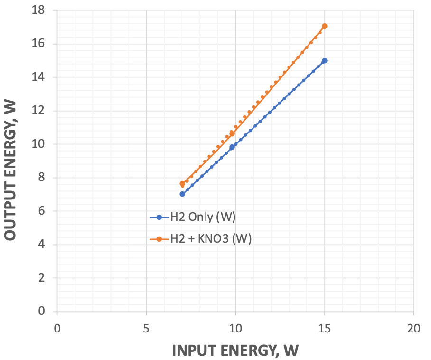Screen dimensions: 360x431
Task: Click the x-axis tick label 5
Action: click(146, 328)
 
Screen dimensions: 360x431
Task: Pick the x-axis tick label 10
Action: click(235, 328)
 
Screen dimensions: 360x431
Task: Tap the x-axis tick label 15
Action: click(324, 328)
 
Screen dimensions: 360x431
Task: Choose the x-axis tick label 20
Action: click(413, 328)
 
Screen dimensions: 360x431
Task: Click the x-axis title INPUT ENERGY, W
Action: click(235, 350)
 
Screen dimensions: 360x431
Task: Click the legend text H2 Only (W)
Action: click(203, 217)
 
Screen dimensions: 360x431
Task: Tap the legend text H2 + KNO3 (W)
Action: click(211, 239)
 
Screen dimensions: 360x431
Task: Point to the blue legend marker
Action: click(159, 218)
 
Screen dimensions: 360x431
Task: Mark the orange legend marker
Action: click(159, 239)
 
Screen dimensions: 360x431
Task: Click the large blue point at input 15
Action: click(324, 61)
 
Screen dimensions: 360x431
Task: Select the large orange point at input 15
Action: click(324, 26)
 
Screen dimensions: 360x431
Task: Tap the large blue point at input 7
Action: click(182, 194)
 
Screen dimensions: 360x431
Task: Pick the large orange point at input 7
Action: click(182, 184)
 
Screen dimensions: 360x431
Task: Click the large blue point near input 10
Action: click(232, 147)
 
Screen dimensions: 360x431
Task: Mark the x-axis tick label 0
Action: click(57, 328)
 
